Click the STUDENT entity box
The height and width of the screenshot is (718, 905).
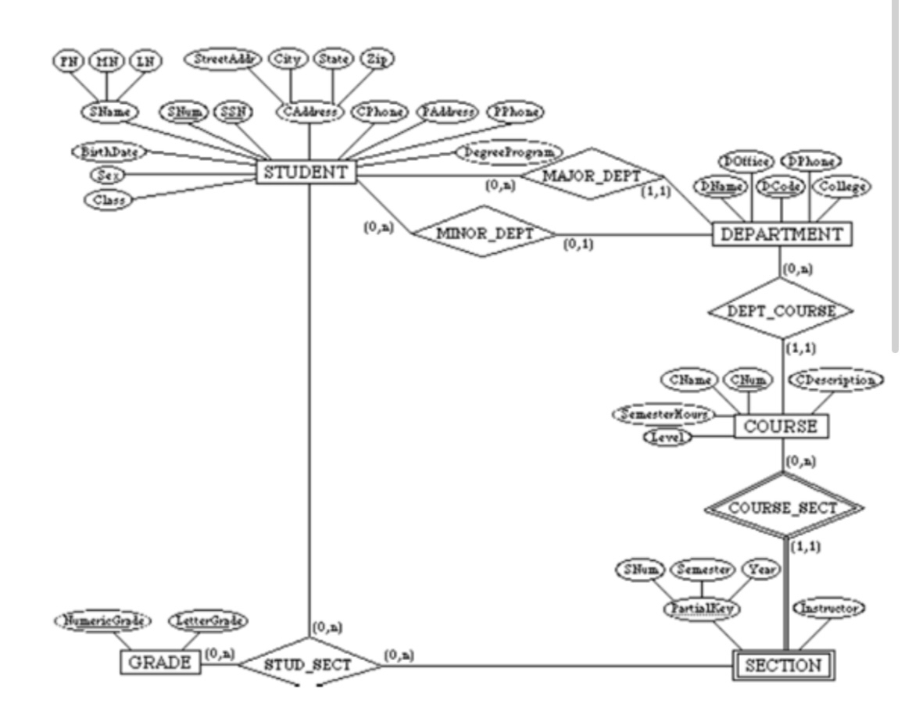click(306, 173)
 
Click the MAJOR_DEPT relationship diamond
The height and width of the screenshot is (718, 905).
click(591, 174)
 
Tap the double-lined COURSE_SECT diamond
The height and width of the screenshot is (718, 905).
click(782, 508)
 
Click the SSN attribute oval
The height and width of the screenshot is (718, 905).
click(233, 112)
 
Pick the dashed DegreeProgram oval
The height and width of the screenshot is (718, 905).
click(509, 152)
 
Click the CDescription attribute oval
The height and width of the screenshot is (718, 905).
click(836, 380)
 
